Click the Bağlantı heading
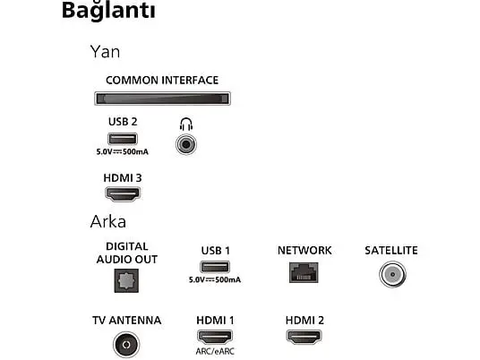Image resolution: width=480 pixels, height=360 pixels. click(x=108, y=11)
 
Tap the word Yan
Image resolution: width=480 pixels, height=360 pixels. click(x=105, y=52)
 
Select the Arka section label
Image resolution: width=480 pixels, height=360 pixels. click(x=108, y=221)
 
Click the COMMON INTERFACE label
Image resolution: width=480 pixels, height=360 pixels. click(x=162, y=81)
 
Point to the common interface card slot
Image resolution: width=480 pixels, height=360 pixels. click(x=162, y=99)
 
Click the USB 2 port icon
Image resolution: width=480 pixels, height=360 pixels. click(x=123, y=139)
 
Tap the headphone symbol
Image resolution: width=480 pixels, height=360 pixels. click(x=186, y=124)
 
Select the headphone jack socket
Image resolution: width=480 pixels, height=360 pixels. click(x=186, y=144)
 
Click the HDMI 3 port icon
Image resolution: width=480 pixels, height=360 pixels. click(x=123, y=194)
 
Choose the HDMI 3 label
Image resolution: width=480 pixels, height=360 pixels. click(x=123, y=178)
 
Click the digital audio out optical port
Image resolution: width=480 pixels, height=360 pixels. click(x=126, y=280)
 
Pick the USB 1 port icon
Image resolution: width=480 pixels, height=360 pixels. click(x=215, y=267)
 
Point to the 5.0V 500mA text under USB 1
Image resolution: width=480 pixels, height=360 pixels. click(x=215, y=279)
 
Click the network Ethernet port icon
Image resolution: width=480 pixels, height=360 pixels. click(x=304, y=272)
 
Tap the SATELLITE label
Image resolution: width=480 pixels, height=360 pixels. click(x=391, y=251)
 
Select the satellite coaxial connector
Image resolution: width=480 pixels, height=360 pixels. click(x=393, y=274)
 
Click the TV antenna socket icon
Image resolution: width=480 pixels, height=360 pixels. click(x=126, y=345)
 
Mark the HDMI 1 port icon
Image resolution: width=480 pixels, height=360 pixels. click(x=215, y=337)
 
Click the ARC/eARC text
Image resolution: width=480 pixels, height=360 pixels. click(x=215, y=351)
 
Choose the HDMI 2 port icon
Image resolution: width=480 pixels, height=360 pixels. click(x=304, y=337)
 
